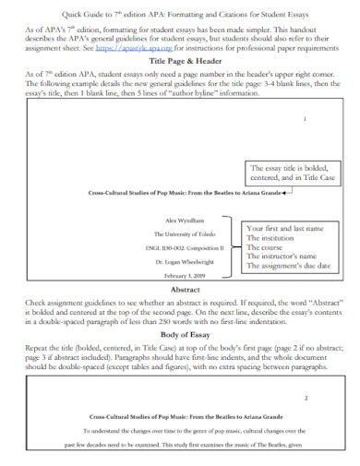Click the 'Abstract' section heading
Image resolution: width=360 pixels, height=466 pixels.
[180, 288]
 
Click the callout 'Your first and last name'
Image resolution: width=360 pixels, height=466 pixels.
[282, 227]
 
